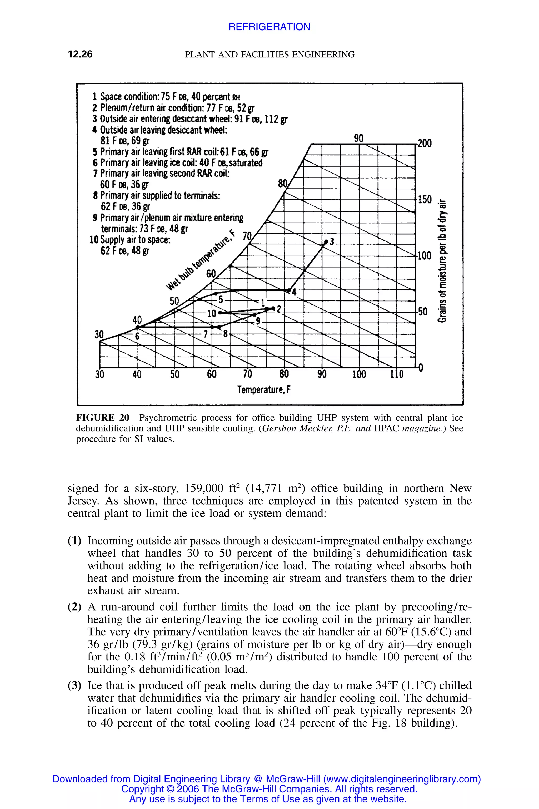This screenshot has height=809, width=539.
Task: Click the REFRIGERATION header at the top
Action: pyautogui.click(x=269, y=27)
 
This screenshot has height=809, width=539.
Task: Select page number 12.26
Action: pyautogui.click(x=80, y=54)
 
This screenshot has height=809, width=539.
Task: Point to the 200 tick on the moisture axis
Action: pyautogui.click(x=425, y=144)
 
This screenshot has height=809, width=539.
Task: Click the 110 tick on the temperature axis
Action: pyautogui.click(x=396, y=374)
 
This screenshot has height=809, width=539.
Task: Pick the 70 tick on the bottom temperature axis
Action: pyautogui.click(x=247, y=374)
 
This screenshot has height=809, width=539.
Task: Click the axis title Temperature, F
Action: pyautogui.click(x=264, y=390)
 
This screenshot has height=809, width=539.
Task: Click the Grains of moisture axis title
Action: pyautogui.click(x=443, y=262)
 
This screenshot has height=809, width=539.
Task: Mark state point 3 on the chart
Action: pyautogui.click(x=326, y=243)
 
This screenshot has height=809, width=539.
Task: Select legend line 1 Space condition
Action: pyautogui.click(x=166, y=96)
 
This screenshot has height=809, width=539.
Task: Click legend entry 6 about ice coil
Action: pyautogui.click(x=177, y=163)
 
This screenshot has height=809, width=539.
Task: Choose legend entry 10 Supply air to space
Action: pyautogui.click(x=130, y=240)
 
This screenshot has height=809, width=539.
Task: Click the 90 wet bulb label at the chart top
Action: pyautogui.click(x=358, y=138)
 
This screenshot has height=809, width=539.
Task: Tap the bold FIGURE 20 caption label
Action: pyautogui.click(x=102, y=418)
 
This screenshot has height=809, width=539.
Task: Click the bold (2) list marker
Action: pyautogui.click(x=74, y=607)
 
